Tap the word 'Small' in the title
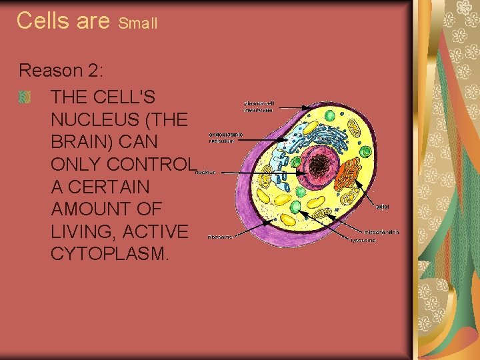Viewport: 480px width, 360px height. (138, 23)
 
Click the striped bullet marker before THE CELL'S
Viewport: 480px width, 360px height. (25, 98)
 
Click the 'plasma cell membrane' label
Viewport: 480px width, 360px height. (259, 107)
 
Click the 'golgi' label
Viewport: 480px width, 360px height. (383, 207)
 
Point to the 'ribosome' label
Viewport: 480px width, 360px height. (220, 237)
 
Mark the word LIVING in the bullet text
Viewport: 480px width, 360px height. (85, 231)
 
